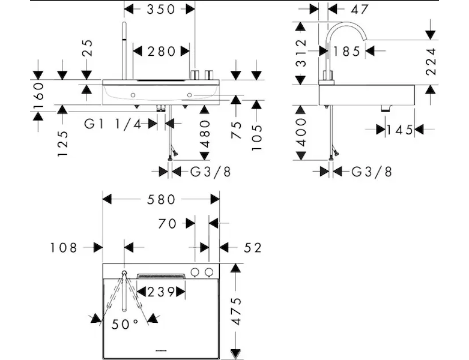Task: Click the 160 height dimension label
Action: (38, 93)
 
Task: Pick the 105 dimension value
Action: (256, 130)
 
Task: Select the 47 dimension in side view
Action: (360, 9)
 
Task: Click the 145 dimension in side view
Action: (399, 130)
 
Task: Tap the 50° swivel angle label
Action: (126, 324)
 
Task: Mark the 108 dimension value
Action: (65, 247)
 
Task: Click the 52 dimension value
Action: (253, 247)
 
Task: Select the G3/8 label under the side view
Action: (372, 172)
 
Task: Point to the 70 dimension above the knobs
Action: (168, 223)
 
